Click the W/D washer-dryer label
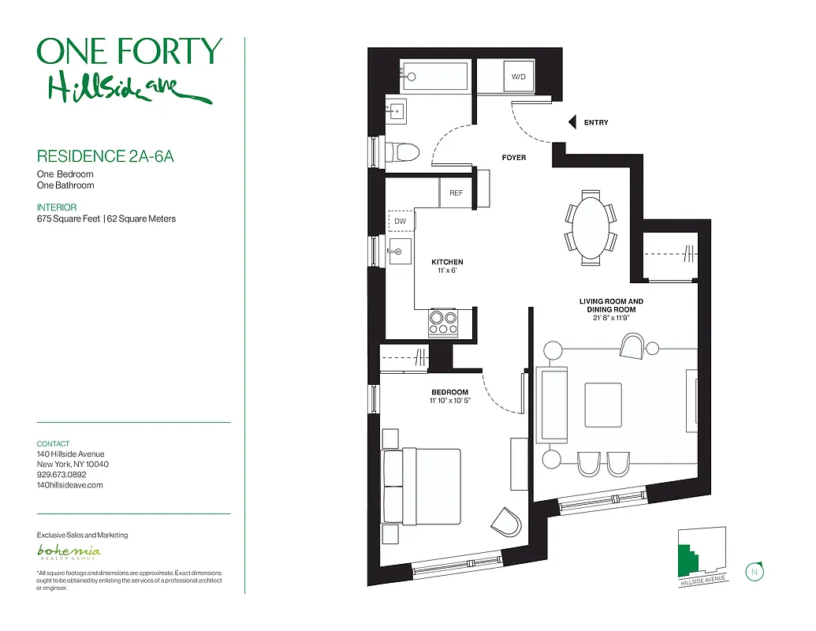click(518, 77)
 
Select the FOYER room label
click(513, 158)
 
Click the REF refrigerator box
click(455, 193)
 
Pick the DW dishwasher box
click(401, 222)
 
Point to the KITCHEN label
click(447, 262)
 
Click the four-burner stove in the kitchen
click(443, 323)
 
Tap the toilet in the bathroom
click(402, 151)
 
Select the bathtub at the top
click(434, 77)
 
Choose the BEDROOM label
click(449, 392)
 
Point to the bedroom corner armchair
click(505, 521)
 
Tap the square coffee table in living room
click(602, 405)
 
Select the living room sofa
click(551, 405)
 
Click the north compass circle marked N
click(755, 572)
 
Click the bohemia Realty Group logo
click(69, 552)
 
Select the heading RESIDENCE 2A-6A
click(106, 155)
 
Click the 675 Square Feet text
click(69, 218)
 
